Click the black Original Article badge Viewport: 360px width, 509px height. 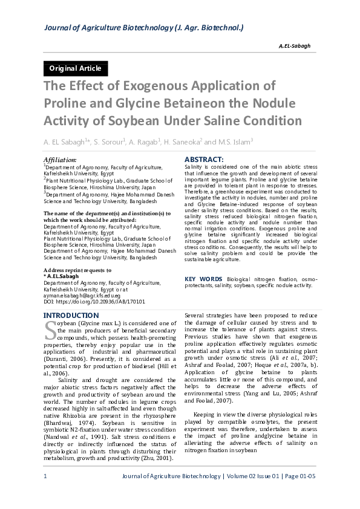click(76, 68)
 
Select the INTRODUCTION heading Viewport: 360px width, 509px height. click(71, 316)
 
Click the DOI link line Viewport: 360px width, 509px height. click(86, 300)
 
